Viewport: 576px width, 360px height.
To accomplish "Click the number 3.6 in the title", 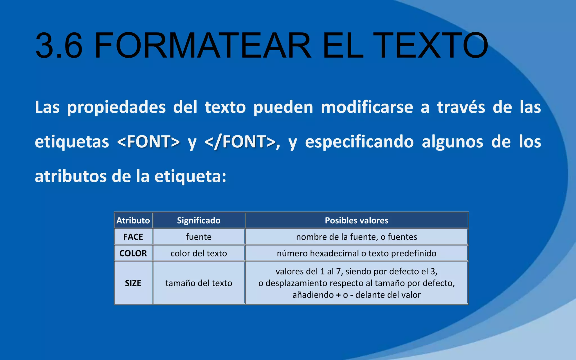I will [59, 46].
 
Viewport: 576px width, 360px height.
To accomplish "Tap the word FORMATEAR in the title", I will [202, 46].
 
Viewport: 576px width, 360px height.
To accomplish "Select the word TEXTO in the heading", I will [430, 46].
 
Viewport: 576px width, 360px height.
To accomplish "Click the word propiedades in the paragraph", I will [116, 107].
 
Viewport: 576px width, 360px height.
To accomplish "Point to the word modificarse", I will [367, 107].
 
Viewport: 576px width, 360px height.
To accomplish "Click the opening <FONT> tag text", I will [148, 142].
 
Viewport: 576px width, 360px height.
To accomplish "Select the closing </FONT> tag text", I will [240, 142].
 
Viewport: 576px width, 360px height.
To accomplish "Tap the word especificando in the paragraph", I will [359, 142].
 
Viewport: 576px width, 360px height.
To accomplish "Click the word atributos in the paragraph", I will [71, 176].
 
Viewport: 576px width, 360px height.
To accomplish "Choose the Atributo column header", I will [133, 220].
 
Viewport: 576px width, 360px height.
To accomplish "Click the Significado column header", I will [199, 220].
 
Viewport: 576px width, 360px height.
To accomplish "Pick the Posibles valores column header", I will [356, 220].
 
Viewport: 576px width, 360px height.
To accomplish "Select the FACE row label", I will [133, 237].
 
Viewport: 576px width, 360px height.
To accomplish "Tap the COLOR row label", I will [133, 253].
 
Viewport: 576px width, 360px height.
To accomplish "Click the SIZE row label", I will [133, 283].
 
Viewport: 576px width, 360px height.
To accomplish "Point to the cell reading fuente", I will [199, 237].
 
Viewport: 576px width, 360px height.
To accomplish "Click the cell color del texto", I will [199, 253].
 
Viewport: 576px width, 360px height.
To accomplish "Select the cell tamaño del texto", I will [199, 283].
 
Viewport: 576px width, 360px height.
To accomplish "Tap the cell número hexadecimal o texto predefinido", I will [356, 253].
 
